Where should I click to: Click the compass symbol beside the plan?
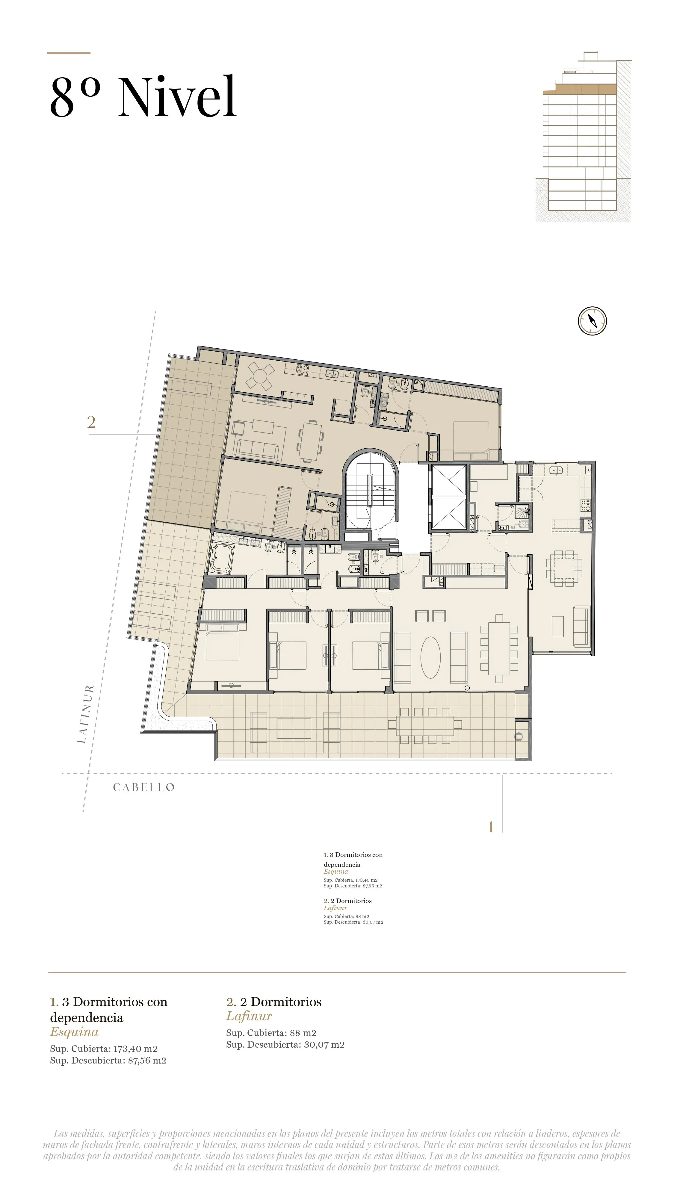click(x=592, y=320)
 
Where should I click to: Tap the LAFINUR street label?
click(x=86, y=714)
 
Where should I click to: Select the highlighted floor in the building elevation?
click(x=580, y=89)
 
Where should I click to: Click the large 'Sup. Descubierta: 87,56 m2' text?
click(x=108, y=1060)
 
